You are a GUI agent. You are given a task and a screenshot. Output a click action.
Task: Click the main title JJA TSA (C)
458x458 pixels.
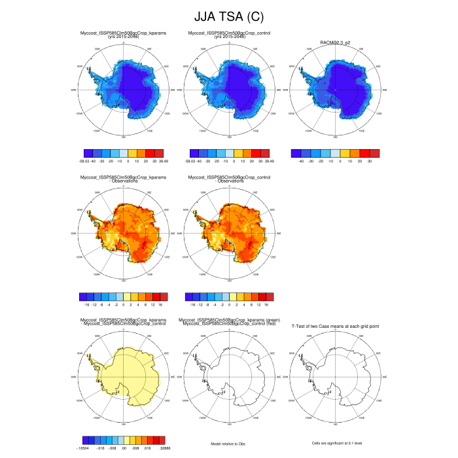click(229, 16)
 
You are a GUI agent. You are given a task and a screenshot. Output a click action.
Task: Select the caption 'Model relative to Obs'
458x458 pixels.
click(228, 444)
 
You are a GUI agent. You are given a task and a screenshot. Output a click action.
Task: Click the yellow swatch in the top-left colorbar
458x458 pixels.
click(132, 152)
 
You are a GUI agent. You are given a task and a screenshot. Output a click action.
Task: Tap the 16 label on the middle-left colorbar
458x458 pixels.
click(158, 304)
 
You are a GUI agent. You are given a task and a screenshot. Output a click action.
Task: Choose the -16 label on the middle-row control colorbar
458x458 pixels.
click(191, 304)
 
